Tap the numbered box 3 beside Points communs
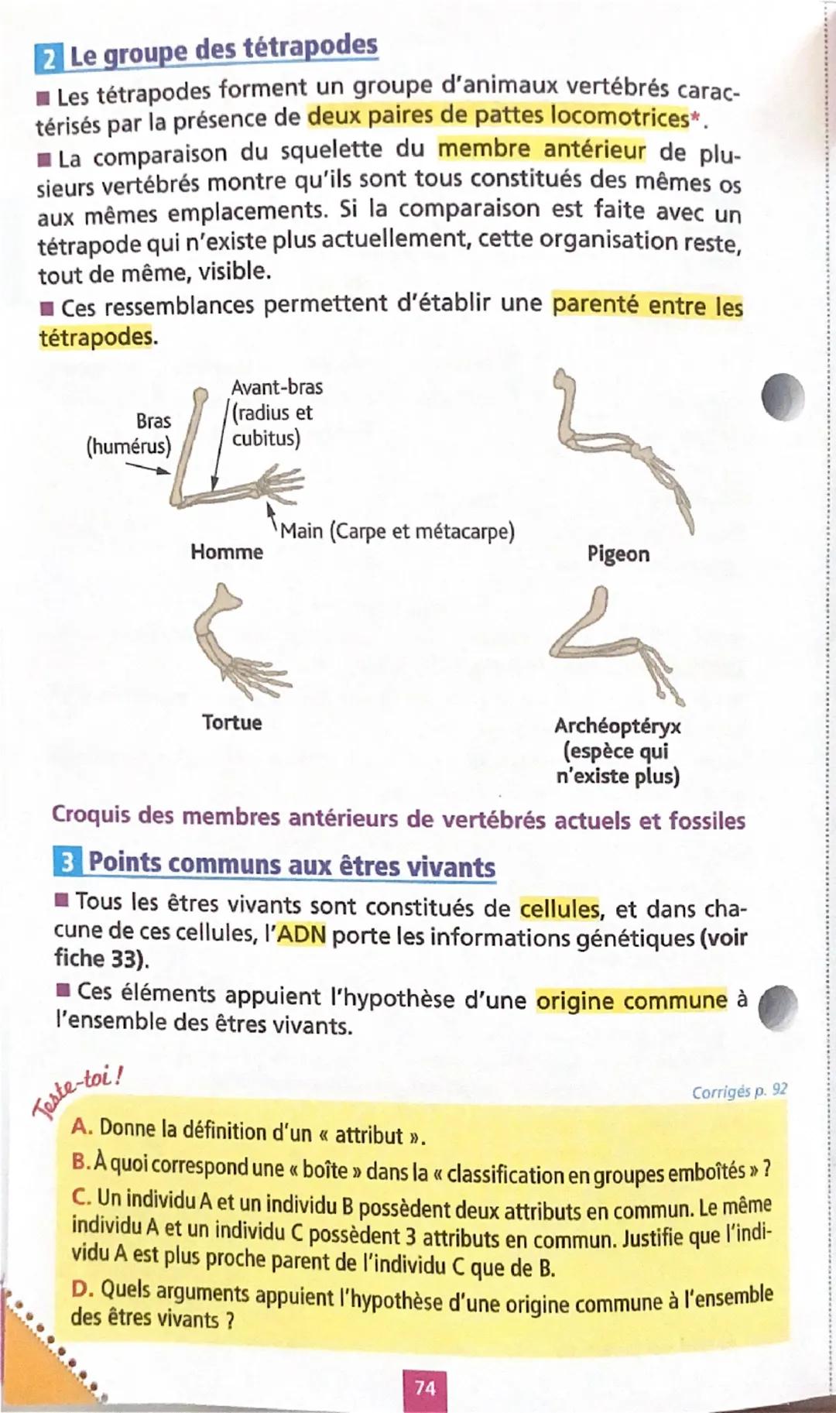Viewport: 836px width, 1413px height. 67,862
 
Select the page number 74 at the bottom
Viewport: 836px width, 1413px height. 425,1387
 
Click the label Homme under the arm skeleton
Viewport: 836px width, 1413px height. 226,552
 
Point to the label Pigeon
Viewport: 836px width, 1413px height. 618,554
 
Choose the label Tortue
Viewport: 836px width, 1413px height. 231,722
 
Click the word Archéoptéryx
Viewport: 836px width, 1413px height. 617,726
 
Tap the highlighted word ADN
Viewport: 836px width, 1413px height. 301,935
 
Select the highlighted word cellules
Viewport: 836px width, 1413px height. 560,907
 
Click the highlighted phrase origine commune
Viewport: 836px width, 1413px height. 632,1000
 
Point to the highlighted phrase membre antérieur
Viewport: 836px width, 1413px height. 541,149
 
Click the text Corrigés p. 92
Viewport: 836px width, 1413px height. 739,1091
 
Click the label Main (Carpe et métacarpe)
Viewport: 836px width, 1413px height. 397,531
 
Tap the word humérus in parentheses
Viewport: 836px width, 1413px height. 128,447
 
